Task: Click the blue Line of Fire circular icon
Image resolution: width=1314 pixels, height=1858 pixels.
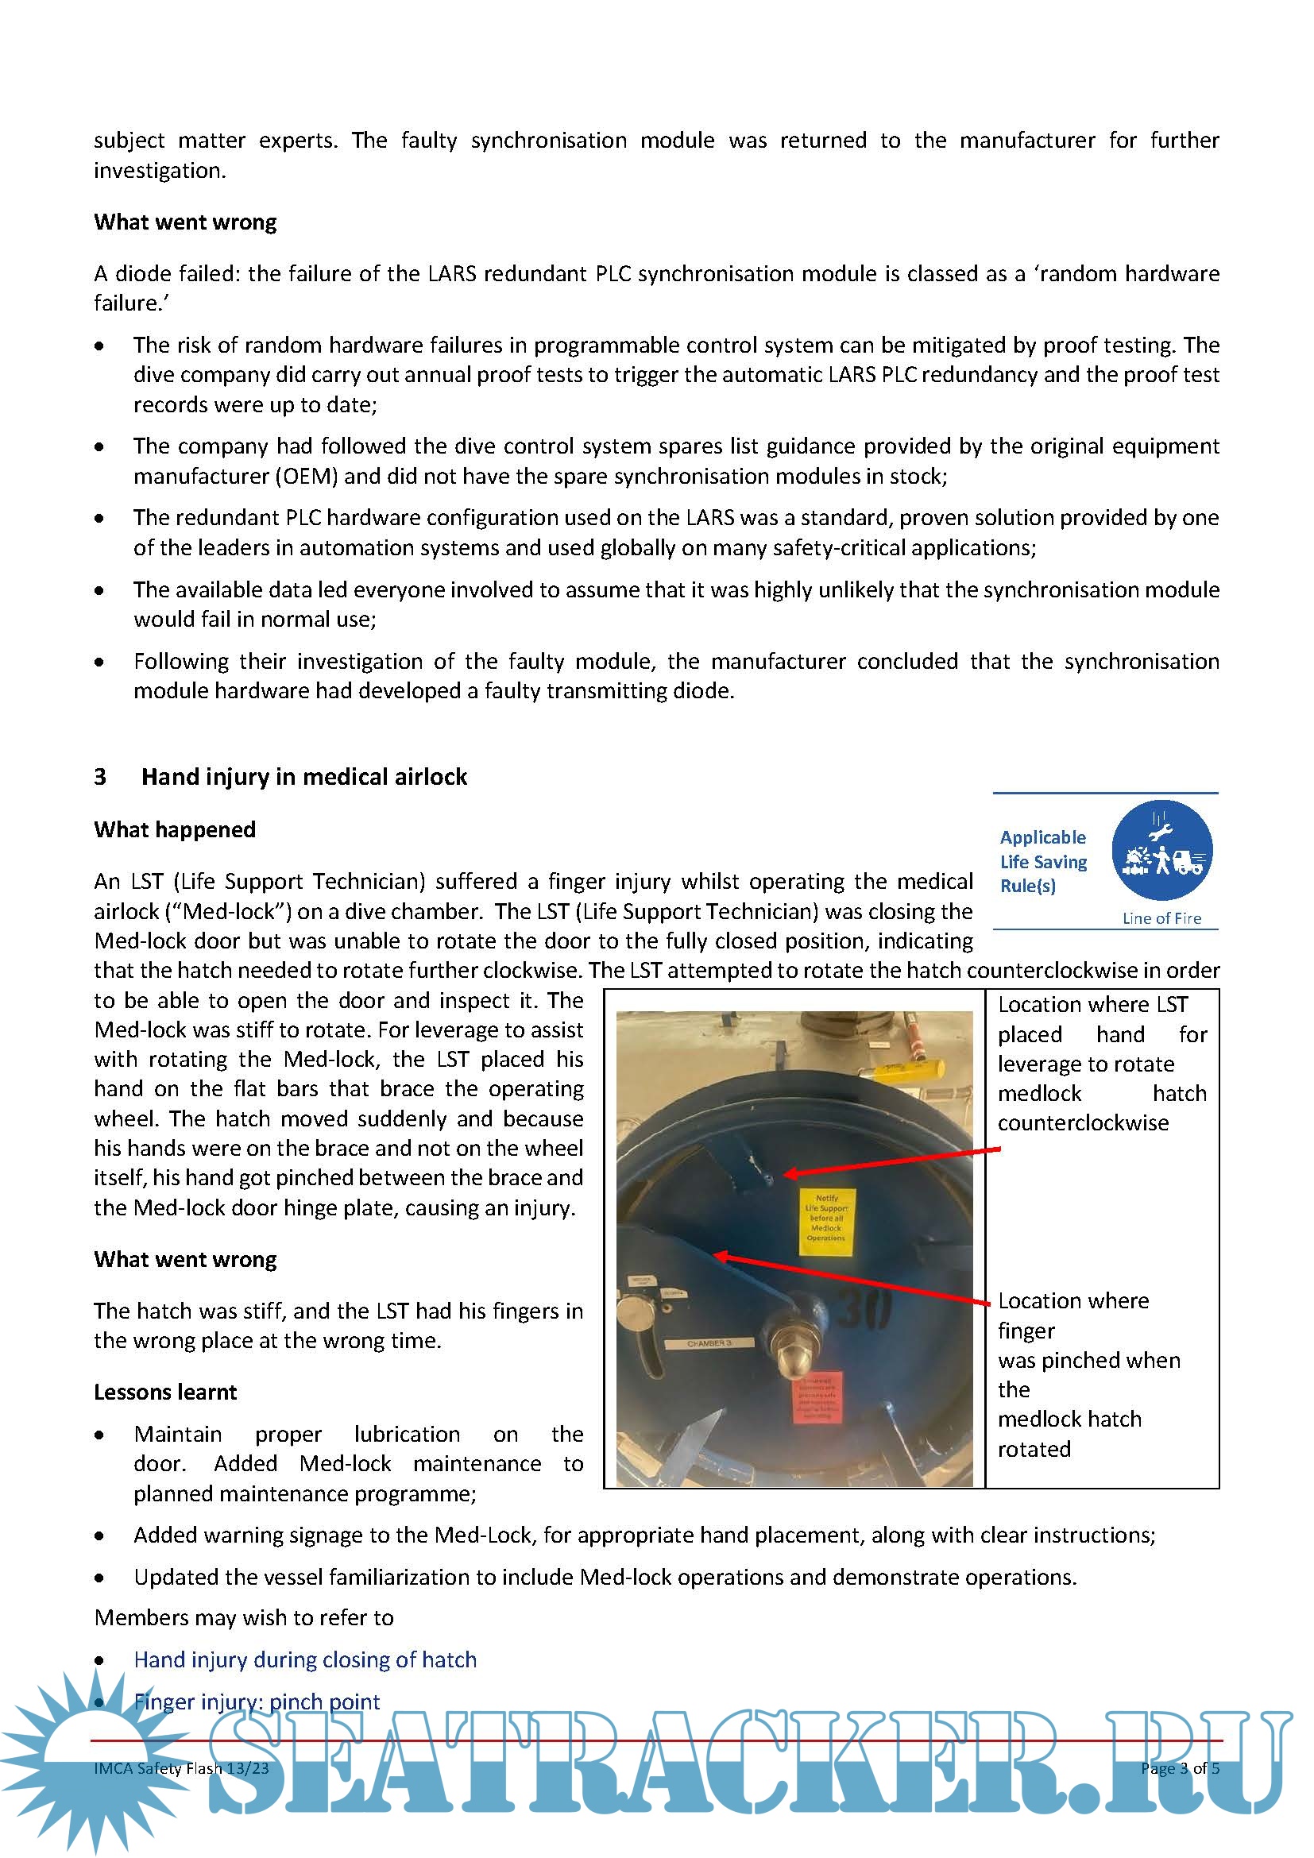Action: click(1161, 851)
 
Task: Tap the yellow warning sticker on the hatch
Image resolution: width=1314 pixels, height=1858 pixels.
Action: click(825, 1221)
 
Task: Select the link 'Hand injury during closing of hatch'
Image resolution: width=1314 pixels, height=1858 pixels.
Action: click(305, 1659)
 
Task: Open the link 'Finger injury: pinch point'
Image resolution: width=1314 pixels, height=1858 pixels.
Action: click(257, 1702)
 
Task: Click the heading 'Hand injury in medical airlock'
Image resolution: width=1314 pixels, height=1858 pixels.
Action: click(304, 777)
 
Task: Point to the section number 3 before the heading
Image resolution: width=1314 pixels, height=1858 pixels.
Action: click(100, 777)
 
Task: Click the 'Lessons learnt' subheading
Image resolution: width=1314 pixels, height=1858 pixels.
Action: click(165, 1392)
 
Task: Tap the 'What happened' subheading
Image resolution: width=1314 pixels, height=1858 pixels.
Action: click(175, 829)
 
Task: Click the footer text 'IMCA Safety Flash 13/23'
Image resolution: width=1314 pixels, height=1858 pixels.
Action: click(181, 1768)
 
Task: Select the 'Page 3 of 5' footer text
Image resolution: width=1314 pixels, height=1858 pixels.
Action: click(1180, 1768)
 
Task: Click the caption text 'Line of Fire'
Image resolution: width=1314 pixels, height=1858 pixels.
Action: click(1161, 918)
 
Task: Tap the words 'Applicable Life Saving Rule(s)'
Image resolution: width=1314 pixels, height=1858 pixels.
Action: click(1043, 862)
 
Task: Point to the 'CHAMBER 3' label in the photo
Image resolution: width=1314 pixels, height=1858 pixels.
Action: click(709, 1343)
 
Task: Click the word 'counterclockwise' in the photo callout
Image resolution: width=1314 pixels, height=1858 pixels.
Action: click(1083, 1123)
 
